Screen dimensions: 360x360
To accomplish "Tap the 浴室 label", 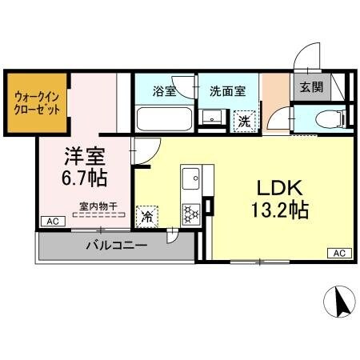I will tap(164, 91).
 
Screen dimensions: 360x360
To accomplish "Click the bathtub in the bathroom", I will tap(163, 120).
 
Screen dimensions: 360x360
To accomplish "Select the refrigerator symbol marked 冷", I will tap(147, 215).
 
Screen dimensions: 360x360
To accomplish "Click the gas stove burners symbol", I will tap(192, 213).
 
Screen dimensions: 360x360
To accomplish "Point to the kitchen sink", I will tap(192, 177).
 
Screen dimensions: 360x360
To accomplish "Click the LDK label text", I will tap(278, 189).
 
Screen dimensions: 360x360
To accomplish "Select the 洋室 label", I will tap(84, 152).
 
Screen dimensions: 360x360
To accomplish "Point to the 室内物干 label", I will tap(98, 206).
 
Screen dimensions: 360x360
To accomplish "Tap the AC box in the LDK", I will tap(338, 254).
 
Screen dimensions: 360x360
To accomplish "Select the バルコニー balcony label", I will tap(116, 246).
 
